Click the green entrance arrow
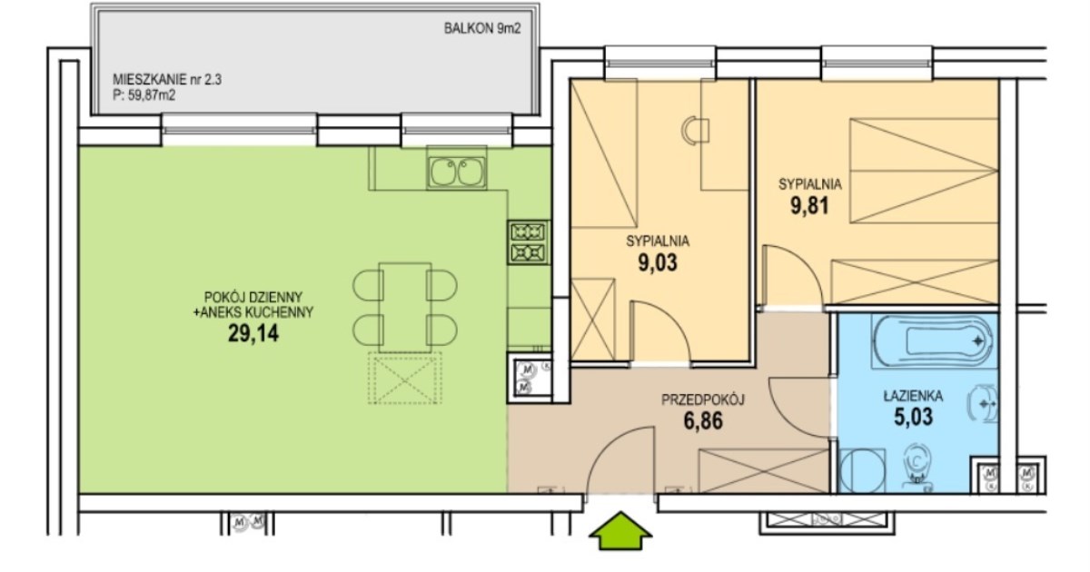click(x=620, y=530)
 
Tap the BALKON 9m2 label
click(x=482, y=29)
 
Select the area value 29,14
click(x=253, y=334)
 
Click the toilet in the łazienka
click(x=917, y=466)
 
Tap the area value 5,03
click(x=914, y=417)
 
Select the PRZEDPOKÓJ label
click(x=703, y=399)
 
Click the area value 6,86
click(x=703, y=421)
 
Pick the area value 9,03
click(x=658, y=262)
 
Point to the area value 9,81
click(x=809, y=206)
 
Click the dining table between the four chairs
click(x=405, y=308)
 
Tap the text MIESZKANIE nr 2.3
click(x=167, y=79)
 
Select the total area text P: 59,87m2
click(x=144, y=95)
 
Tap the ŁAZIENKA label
click(x=914, y=396)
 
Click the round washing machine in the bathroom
click(x=862, y=470)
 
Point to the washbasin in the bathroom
click(x=982, y=404)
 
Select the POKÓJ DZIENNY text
click(x=253, y=297)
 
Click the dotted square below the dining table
click(x=405, y=378)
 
